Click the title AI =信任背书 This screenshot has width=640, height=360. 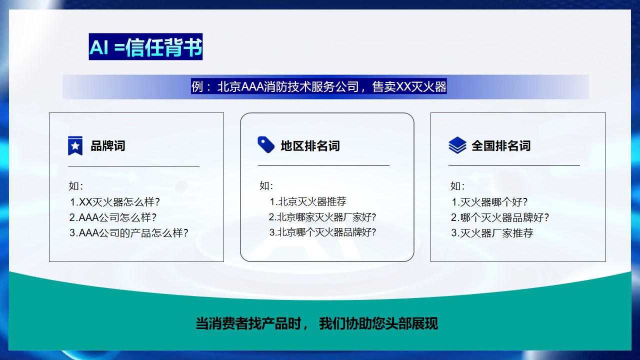pyautogui.click(x=145, y=47)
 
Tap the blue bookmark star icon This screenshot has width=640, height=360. pyautogui.click(x=75, y=145)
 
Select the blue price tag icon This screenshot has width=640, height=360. pyautogui.click(x=266, y=144)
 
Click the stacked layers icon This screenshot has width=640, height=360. pyautogui.click(x=457, y=145)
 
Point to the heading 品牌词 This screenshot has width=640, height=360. pyautogui.click(x=107, y=146)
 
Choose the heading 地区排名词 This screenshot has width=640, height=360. pyautogui.click(x=310, y=146)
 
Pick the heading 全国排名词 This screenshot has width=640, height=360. pyautogui.click(x=500, y=146)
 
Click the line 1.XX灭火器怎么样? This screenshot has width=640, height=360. pyautogui.click(x=114, y=202)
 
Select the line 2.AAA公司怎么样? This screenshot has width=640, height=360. pyautogui.click(x=113, y=217)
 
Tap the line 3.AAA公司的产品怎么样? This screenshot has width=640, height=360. pyautogui.click(x=128, y=233)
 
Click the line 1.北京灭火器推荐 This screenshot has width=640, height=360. pyautogui.click(x=307, y=202)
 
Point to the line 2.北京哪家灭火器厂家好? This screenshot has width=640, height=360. pyautogui.click(x=322, y=217)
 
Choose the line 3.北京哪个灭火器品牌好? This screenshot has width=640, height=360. pyautogui.click(x=322, y=232)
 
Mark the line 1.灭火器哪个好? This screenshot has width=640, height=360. pyautogui.click(x=489, y=202)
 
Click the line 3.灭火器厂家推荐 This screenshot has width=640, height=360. pyautogui.click(x=492, y=233)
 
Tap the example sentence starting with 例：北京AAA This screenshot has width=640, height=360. pyautogui.click(x=319, y=87)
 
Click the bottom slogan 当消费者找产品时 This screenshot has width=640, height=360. pyautogui.click(x=316, y=323)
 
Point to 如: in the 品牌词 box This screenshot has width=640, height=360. pyautogui.click(x=76, y=186)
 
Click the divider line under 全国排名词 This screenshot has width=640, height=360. pyautogui.click(x=514, y=165)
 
